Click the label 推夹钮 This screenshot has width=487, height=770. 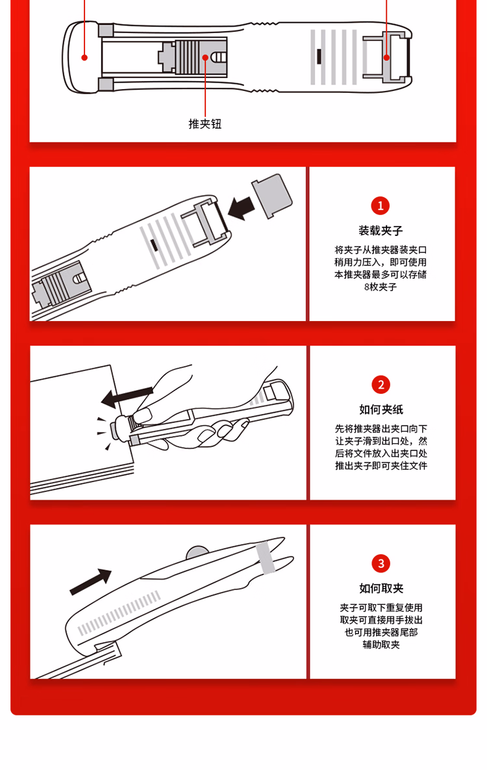point(205,123)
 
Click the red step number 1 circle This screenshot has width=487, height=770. point(381,206)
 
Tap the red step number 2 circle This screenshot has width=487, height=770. point(381,385)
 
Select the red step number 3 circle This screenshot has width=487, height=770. point(381,563)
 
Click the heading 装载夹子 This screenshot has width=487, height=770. point(381,230)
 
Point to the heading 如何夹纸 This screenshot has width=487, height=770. point(381,409)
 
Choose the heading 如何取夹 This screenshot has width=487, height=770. point(381,588)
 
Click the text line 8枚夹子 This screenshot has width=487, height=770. point(381,287)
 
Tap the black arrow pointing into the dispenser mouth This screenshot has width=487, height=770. point(242,208)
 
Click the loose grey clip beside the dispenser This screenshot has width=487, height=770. point(272,196)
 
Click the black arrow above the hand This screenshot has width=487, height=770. point(127,397)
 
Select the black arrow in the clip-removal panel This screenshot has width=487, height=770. point(91,582)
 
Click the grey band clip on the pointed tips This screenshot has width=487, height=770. point(266,558)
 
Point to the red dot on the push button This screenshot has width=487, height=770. point(205,57)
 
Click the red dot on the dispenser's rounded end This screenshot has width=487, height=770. point(84,57)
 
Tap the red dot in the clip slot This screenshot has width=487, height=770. point(387,57)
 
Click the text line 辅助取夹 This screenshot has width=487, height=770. point(381,645)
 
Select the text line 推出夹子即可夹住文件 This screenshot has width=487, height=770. point(381,465)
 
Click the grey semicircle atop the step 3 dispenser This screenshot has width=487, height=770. point(197,552)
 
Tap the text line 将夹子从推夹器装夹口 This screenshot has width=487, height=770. point(381,250)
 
